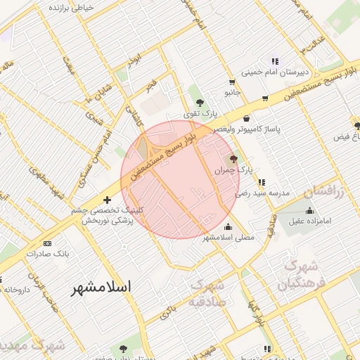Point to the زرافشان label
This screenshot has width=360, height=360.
click(325, 191)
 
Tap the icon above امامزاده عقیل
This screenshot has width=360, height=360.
click(310, 210)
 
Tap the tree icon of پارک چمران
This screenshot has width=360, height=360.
click(233, 160)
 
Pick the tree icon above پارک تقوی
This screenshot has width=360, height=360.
click(200, 102)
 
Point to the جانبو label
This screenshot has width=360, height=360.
click(232, 92)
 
